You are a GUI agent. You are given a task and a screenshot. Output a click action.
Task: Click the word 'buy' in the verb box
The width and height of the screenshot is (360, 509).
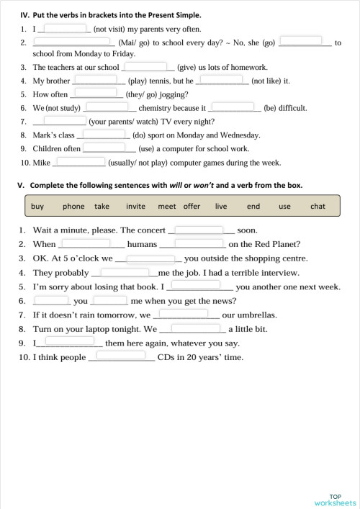[x=37, y=206]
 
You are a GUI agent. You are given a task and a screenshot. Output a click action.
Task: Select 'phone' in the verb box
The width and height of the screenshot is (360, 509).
[x=73, y=206]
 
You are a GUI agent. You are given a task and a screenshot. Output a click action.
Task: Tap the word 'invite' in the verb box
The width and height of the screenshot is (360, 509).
[x=135, y=206]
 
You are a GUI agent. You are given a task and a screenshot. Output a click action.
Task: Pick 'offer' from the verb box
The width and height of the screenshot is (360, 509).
[x=192, y=206]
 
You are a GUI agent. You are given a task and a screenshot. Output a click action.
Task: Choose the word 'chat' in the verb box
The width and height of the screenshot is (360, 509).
[x=318, y=206]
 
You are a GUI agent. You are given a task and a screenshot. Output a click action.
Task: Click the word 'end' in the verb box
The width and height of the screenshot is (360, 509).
[x=253, y=206]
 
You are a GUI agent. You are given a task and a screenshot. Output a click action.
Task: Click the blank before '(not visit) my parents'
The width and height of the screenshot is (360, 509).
[x=65, y=29]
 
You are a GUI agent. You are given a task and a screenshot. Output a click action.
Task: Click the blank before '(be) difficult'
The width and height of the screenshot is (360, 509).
[x=233, y=107]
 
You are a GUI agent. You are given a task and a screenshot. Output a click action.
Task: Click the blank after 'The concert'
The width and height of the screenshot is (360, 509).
[x=199, y=230]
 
